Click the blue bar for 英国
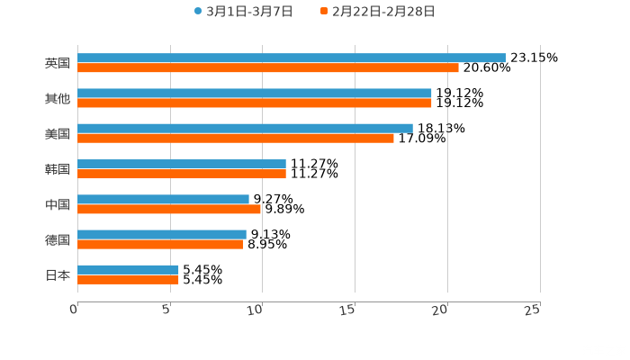click(291, 58)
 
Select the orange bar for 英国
click(267, 67)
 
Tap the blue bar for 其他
click(254, 93)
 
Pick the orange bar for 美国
click(235, 138)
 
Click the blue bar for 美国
click(245, 128)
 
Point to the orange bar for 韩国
click(181, 174)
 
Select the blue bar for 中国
click(163, 199)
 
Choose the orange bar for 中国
click(168, 209)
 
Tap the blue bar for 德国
click(161, 234)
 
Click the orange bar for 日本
click(128, 280)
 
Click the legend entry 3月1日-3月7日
click(243, 12)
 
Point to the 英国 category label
click(57, 63)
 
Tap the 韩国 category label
click(57, 169)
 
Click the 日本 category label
click(57, 274)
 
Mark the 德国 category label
click(57, 239)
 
